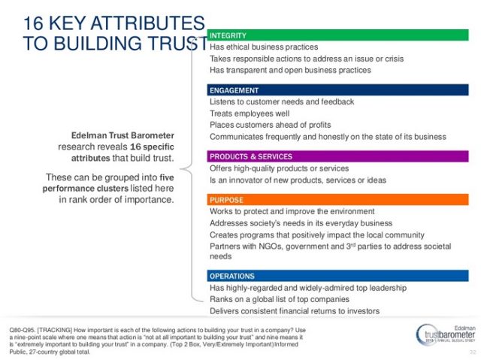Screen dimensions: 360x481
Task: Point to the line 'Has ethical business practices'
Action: pos(264,47)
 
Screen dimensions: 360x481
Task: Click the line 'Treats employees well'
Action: pos(250,113)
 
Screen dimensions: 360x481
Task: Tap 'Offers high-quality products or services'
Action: pos(280,168)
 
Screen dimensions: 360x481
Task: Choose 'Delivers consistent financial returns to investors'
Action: pos(295,311)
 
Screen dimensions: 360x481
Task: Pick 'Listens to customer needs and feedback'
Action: pos(282,101)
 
